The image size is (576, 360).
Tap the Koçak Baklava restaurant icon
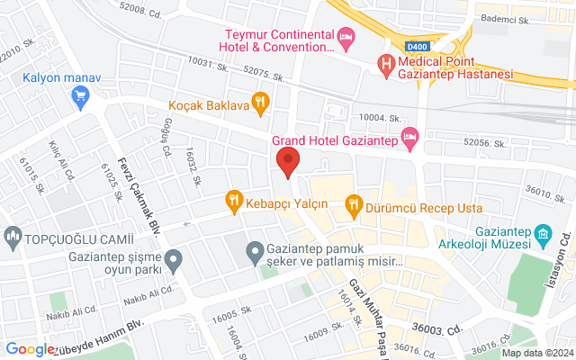[x=260, y=102]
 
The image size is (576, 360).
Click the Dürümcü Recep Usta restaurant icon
[x=353, y=203]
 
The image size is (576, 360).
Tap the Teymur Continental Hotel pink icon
[x=346, y=37]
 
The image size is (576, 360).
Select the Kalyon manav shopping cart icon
[x=82, y=95]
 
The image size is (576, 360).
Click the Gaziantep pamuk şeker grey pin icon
[x=255, y=250]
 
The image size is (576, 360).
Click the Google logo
[x=30, y=349]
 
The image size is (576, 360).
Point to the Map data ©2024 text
[x=537, y=353]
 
